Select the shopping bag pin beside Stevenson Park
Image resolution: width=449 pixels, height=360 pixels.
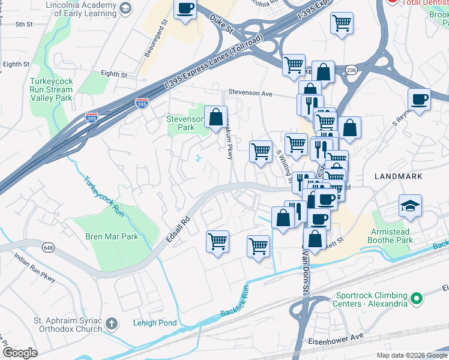(x=215, y=116)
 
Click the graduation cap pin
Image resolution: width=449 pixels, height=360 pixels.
(x=411, y=206)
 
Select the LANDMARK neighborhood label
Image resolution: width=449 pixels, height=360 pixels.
(x=398, y=176)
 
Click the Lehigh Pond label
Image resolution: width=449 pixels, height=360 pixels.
(x=155, y=323)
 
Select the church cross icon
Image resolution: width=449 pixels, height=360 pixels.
(x=110, y=325)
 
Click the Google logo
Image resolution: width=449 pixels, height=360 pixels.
(x=20, y=352)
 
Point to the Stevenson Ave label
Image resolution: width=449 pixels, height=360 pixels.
(x=250, y=94)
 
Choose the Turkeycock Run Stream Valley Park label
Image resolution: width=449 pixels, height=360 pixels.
(x=51, y=89)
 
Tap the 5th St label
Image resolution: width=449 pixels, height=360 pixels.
(x=24, y=24)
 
